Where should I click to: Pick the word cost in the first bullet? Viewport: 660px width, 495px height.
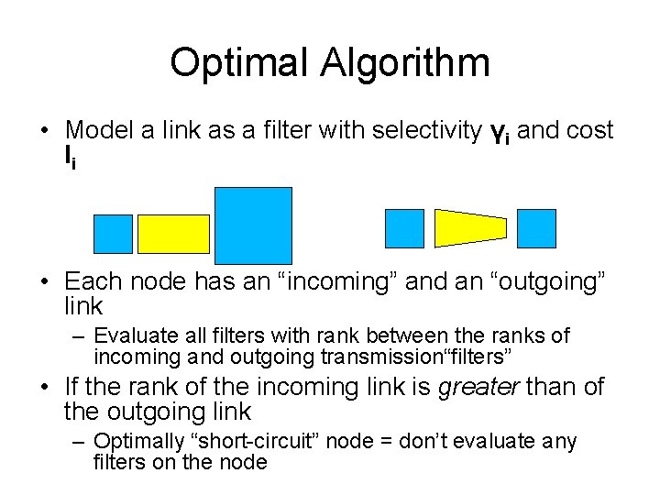pos(590,130)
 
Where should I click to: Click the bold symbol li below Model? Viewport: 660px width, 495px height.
pos(70,157)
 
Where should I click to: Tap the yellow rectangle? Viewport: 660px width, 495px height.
pos(173,234)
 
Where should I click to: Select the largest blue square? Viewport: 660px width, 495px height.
pos(253,225)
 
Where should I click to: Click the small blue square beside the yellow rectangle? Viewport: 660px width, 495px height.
pos(114,234)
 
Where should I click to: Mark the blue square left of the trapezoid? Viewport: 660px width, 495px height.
pos(404,228)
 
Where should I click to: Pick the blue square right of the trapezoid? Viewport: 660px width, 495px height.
pos(536,228)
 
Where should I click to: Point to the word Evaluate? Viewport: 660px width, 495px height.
pos(131,335)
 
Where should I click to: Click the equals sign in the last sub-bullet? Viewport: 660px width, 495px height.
pos(376,442)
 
